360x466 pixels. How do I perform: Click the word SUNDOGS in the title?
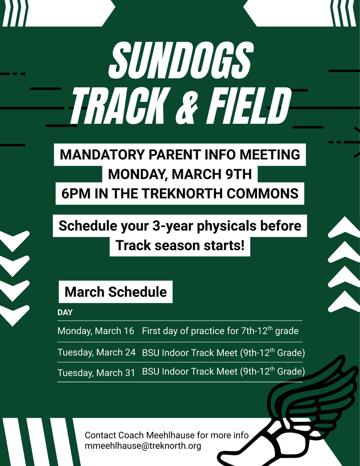180,60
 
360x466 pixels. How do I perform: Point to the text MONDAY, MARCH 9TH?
180,174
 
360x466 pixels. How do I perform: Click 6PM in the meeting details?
73,194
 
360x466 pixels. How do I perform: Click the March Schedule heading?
116,292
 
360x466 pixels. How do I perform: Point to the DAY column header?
65,313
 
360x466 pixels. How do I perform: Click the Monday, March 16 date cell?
96,331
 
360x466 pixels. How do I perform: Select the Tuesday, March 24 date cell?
96,353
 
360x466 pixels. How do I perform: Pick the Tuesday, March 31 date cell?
96,373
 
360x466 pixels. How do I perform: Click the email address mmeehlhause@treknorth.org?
143,446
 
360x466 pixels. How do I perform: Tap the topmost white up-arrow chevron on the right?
344,226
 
